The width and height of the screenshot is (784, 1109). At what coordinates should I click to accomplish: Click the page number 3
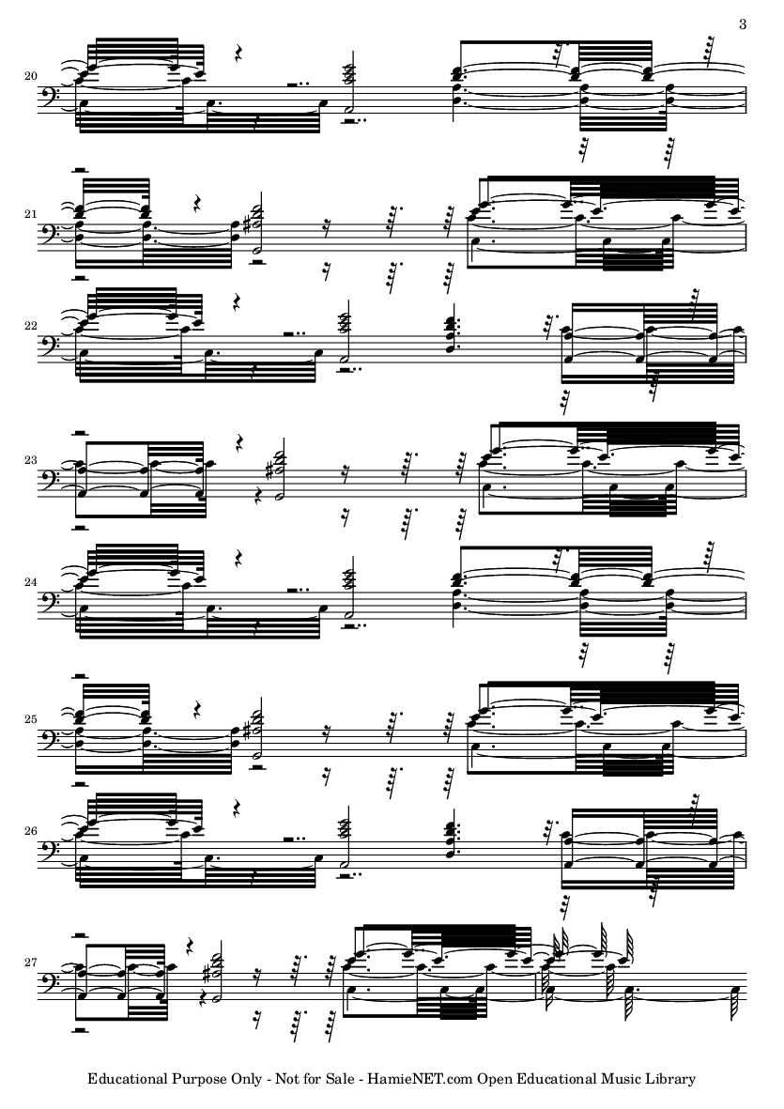click(743, 24)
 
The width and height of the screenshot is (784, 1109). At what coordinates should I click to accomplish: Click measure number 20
click(30, 76)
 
